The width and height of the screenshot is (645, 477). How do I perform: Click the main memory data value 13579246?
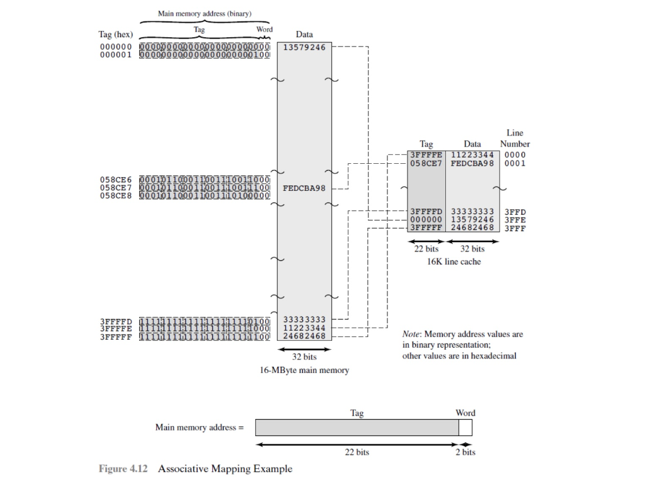(x=304, y=47)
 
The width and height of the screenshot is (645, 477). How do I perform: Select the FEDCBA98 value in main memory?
(x=304, y=187)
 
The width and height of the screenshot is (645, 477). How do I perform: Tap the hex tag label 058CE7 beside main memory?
(x=116, y=187)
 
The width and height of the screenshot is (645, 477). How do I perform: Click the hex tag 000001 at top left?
(x=116, y=55)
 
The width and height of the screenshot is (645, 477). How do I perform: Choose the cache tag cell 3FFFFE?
(x=426, y=154)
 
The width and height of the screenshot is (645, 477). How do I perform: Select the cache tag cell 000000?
(x=426, y=219)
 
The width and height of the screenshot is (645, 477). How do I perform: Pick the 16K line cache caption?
(x=454, y=261)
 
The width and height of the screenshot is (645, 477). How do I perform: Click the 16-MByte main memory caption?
(x=304, y=370)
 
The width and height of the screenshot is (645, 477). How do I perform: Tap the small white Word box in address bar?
(x=465, y=428)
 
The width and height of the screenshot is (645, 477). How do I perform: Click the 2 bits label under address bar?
(x=465, y=452)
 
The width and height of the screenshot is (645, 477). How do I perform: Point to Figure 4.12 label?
(x=123, y=469)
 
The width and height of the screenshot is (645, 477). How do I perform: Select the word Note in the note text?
(x=412, y=334)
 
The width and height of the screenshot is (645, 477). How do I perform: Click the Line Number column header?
(x=515, y=139)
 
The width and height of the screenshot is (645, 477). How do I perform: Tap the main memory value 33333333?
(x=304, y=319)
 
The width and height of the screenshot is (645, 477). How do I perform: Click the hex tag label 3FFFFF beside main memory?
(x=116, y=336)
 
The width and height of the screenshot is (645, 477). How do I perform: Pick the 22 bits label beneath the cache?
(x=426, y=249)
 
